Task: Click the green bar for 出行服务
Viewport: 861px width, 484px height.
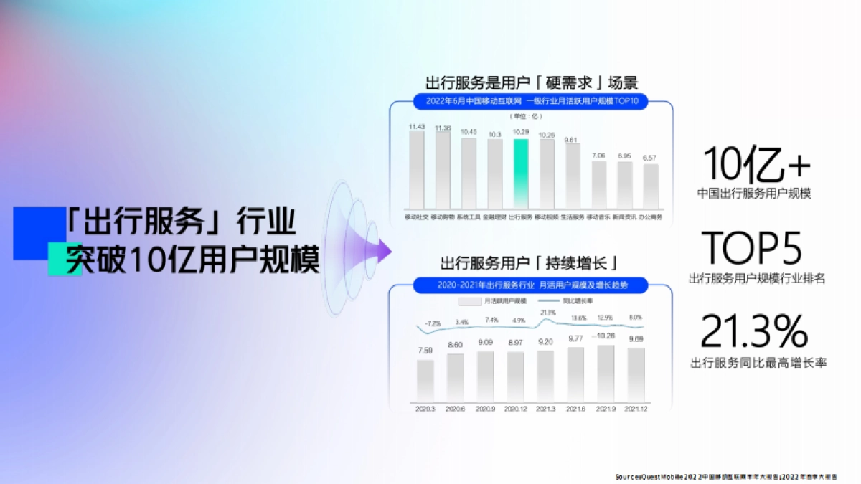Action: point(521,174)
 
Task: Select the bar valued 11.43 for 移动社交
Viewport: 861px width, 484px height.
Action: point(417,170)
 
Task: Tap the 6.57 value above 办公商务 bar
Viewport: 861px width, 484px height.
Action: point(650,157)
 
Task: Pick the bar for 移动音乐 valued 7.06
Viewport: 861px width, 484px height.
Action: point(598,184)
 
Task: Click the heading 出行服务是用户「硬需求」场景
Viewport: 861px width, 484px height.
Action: point(532,82)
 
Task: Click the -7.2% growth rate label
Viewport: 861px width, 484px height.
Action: point(432,323)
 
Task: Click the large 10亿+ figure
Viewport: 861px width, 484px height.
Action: point(756,165)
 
